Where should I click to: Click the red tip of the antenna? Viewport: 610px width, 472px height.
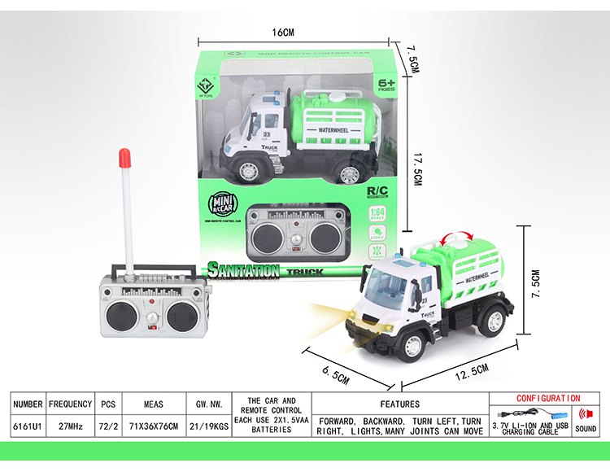(x=125, y=156)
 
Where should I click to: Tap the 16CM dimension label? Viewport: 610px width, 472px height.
(x=281, y=33)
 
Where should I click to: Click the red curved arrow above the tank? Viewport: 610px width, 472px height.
(x=456, y=238)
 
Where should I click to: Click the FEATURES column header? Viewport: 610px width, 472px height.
(x=399, y=404)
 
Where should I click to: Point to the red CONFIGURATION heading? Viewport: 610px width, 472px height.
(x=548, y=398)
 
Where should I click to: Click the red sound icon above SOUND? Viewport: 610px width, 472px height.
(x=585, y=414)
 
